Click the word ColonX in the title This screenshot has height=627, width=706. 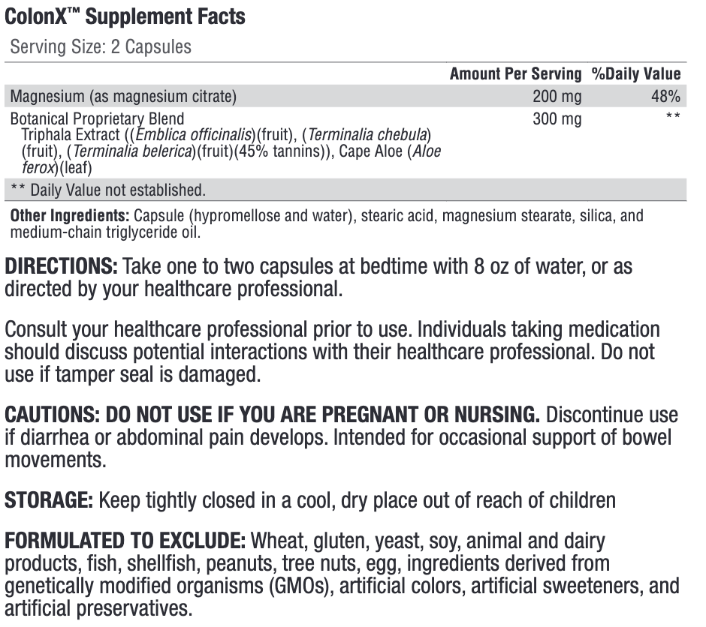35,16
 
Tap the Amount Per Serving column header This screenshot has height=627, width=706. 515,73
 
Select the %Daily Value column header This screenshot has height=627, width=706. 635,73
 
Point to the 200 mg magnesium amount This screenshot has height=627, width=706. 557,96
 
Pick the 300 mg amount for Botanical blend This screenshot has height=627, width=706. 557,118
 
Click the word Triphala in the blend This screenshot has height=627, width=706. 45,135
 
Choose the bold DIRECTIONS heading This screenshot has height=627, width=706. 61,266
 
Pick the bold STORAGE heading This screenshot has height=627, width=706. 48,500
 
